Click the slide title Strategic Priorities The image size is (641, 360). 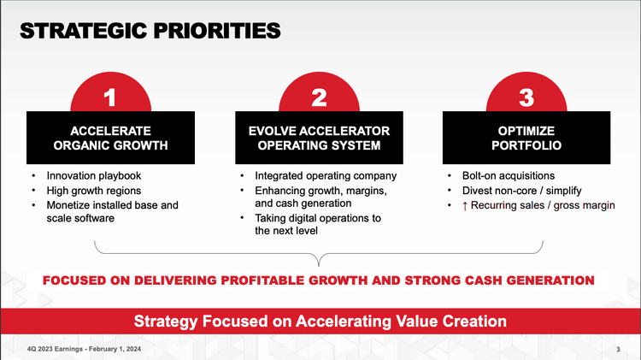pyautogui.click(x=150, y=31)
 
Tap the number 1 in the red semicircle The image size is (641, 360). pyautogui.click(x=109, y=97)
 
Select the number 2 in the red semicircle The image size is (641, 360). pyautogui.click(x=319, y=97)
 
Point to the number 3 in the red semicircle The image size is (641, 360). pyautogui.click(x=526, y=97)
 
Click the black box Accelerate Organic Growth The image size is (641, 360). pyautogui.click(x=110, y=138)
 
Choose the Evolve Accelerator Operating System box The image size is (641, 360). pyautogui.click(x=319, y=138)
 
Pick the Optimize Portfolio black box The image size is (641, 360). pyautogui.click(x=526, y=138)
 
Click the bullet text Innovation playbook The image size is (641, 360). pyautogui.click(x=94, y=176)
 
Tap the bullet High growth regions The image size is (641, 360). pyautogui.click(x=94, y=191)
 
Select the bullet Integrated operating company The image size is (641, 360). pyautogui.click(x=326, y=176)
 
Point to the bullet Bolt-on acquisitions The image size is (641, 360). pyautogui.click(x=509, y=176)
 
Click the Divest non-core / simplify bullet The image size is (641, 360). pyautogui.click(x=521, y=191)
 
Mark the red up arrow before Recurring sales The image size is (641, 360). pyautogui.click(x=465, y=206)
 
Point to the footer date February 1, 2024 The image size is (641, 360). pyautogui.click(x=115, y=349)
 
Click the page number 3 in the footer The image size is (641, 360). pyautogui.click(x=618, y=350)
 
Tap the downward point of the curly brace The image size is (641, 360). pyautogui.click(x=319, y=265)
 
